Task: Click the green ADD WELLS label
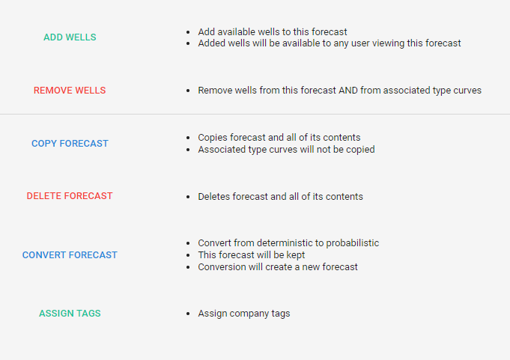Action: pyautogui.click(x=70, y=37)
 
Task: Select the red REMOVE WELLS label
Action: pyautogui.click(x=70, y=91)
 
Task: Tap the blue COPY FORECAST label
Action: pyautogui.click(x=70, y=143)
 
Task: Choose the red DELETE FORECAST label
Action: pyautogui.click(x=70, y=196)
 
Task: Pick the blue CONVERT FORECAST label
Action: pyautogui.click(x=70, y=255)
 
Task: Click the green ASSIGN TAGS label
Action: pyautogui.click(x=70, y=313)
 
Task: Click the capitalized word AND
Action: pyautogui.click(x=348, y=91)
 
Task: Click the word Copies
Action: pyautogui.click(x=213, y=138)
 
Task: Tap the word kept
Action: pyautogui.click(x=296, y=255)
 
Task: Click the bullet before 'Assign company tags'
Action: pyautogui.click(x=188, y=314)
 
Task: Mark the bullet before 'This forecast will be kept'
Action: pyautogui.click(x=188, y=255)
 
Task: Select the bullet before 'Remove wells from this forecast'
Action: pyautogui.click(x=188, y=91)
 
